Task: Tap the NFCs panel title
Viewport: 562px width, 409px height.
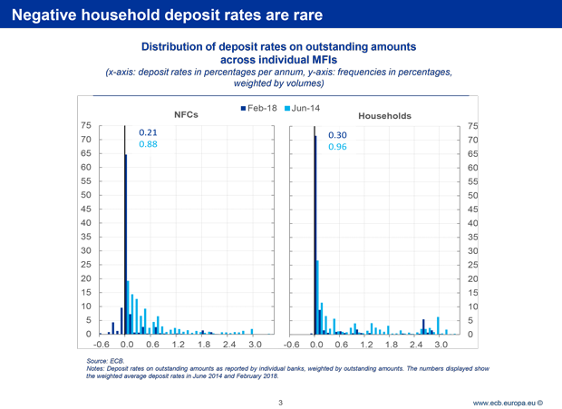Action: point(187,115)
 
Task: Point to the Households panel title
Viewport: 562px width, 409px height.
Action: point(384,116)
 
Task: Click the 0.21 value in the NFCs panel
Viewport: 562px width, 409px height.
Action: point(149,132)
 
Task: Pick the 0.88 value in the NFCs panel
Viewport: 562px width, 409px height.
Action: point(149,144)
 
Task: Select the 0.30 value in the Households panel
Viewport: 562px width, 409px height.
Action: point(338,135)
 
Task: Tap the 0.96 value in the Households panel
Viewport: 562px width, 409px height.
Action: point(338,147)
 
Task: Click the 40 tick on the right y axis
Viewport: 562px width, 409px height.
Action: point(471,223)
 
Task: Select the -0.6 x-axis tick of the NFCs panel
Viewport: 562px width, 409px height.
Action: point(102,345)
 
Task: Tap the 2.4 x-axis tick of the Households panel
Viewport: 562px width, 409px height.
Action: point(416,345)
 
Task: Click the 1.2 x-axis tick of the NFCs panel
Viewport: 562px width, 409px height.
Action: point(178,345)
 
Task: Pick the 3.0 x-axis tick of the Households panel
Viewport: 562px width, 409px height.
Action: point(441,345)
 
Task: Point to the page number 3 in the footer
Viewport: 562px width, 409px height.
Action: point(282,401)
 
